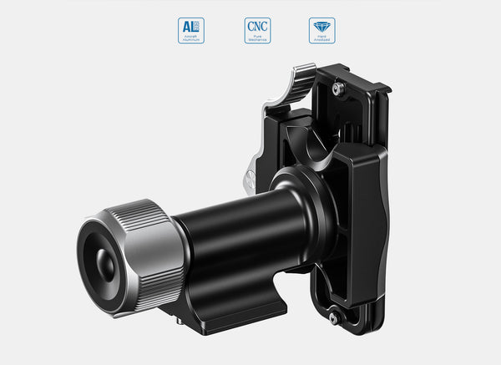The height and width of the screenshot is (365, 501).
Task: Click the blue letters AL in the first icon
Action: tap(190, 27)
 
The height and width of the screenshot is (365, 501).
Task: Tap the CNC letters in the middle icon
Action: tap(256, 27)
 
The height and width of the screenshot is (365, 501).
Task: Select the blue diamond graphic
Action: tap(321, 27)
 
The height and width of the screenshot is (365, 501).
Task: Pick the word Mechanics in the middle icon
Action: tap(256, 41)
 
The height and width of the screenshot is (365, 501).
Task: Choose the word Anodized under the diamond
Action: tap(321, 41)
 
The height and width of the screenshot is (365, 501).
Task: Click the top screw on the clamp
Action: tap(337, 87)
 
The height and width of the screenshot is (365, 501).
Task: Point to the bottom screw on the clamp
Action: tap(333, 318)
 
